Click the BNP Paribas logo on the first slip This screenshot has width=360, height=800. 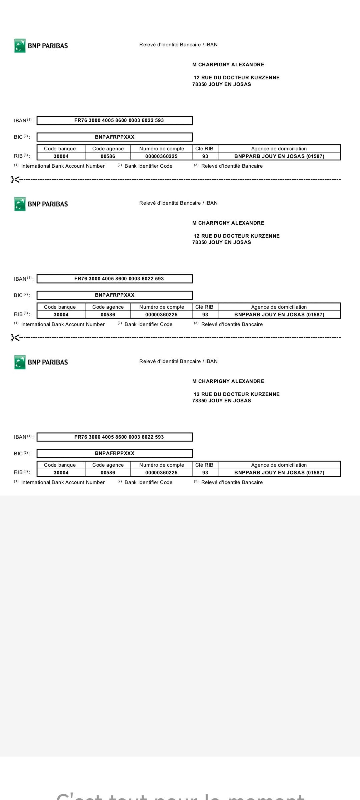click(41, 46)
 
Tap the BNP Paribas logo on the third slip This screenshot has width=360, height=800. click(41, 362)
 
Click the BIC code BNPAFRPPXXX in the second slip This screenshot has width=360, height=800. click(115, 295)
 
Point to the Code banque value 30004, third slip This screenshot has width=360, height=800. click(61, 473)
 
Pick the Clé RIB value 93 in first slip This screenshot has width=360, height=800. click(205, 156)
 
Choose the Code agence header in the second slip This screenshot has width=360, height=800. click(108, 307)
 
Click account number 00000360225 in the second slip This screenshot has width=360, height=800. click(161, 315)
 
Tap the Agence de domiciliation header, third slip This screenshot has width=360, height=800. click(279, 465)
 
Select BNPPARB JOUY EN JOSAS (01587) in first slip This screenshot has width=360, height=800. click(279, 156)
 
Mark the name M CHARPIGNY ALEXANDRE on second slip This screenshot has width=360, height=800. click(228, 223)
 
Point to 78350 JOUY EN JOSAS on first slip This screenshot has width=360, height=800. click(221, 84)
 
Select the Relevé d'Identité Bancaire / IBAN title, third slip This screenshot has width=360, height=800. click(178, 361)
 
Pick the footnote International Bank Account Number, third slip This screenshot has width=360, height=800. click(63, 482)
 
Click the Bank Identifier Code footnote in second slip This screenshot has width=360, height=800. click(148, 324)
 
